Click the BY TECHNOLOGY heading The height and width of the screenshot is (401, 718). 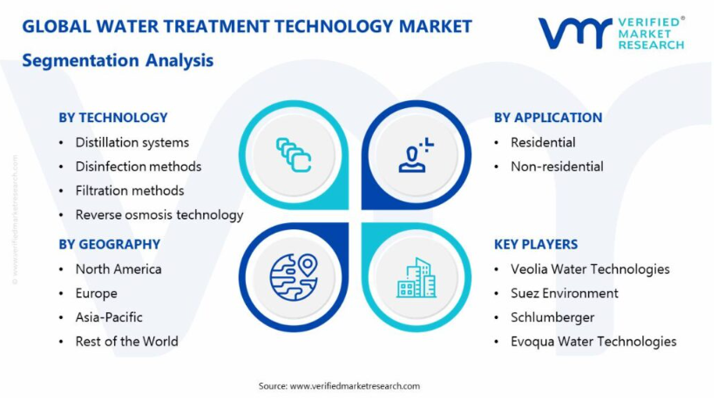[113, 118]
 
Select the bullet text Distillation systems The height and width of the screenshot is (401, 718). [132, 142]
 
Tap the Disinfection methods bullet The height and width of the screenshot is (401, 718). [139, 167]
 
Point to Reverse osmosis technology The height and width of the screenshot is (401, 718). [159, 215]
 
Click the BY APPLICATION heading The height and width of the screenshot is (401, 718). [548, 118]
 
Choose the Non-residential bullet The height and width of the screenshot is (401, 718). [557, 167]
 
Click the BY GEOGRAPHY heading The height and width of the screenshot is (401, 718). [110, 244]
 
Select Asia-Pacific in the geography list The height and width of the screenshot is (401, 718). [109, 317]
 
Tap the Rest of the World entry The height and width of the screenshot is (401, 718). [127, 342]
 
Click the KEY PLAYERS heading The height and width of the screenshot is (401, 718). [536, 244]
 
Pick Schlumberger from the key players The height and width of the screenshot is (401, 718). [552, 317]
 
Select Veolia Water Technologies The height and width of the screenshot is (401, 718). [590, 269]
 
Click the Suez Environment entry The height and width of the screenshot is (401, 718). [565, 293]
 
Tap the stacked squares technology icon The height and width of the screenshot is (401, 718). [294, 155]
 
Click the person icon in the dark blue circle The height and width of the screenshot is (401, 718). [417, 155]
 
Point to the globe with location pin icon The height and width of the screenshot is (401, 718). [294, 277]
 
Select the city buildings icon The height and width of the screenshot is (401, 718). [417, 277]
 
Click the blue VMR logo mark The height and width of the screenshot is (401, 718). [575, 33]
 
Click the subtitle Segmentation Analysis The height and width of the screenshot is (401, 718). [118, 61]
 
